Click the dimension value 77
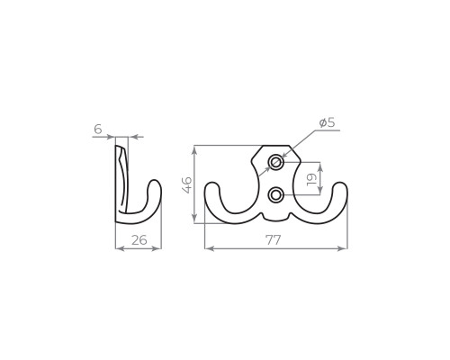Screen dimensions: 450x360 pyautogui.click(x=273, y=240)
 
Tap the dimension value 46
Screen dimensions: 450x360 pyautogui.click(x=186, y=184)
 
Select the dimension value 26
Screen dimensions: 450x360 pyautogui.click(x=139, y=240)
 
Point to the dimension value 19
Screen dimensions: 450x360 pyautogui.click(x=311, y=179)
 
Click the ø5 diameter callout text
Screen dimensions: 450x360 pyautogui.click(x=327, y=122)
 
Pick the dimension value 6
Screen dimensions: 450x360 pyautogui.click(x=98, y=130)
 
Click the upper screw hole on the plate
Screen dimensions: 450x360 pyautogui.click(x=275, y=163)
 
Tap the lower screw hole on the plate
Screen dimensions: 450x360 pyautogui.click(x=275, y=195)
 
